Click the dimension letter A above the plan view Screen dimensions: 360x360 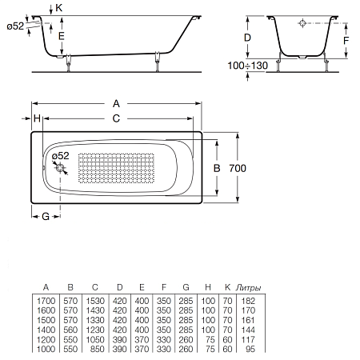point(116,103)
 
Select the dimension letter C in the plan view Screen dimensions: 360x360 point(116,118)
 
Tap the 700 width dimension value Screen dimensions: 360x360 point(238,168)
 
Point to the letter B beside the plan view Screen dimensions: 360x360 point(217,168)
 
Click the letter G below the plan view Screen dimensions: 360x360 point(46,216)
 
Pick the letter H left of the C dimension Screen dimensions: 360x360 point(37,118)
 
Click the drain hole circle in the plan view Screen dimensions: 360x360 point(60,168)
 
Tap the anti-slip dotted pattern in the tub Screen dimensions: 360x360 point(116,168)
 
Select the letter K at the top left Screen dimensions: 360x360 point(59,8)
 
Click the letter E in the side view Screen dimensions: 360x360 point(62,36)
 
